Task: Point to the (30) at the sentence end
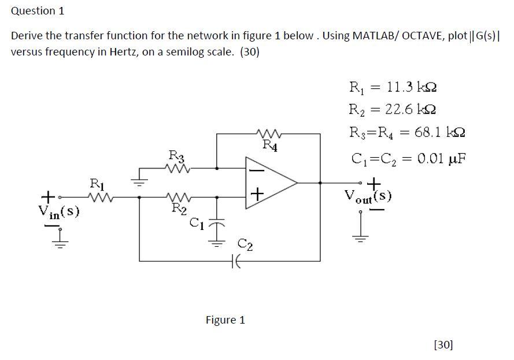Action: pyautogui.click(x=250, y=52)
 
